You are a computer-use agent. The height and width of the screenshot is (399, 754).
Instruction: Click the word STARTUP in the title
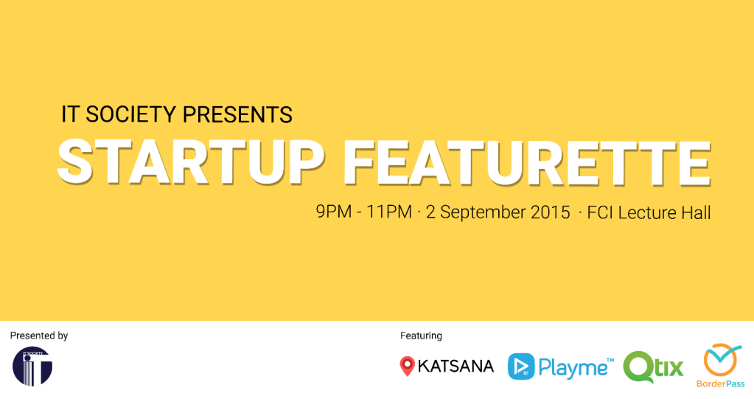click(x=192, y=162)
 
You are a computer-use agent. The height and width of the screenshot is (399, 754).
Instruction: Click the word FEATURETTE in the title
click(x=527, y=163)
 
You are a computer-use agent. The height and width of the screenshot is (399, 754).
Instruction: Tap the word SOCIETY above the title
click(x=130, y=114)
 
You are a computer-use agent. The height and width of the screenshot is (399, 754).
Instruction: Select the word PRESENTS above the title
click(x=237, y=114)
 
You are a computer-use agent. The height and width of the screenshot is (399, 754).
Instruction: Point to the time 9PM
click(x=334, y=212)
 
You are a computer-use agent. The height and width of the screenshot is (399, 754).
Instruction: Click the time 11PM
click(x=389, y=212)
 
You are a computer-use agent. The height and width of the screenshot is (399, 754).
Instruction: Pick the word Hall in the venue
click(x=696, y=212)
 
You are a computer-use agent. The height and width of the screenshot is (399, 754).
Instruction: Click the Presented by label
click(x=39, y=336)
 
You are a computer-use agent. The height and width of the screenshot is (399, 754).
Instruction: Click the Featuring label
click(x=421, y=336)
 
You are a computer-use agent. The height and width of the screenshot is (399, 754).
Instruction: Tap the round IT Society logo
click(x=32, y=367)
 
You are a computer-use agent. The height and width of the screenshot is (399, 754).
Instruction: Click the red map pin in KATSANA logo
click(x=407, y=366)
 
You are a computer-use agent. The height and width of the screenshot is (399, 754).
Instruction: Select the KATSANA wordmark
click(x=455, y=367)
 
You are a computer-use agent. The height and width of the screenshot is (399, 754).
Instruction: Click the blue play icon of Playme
click(x=521, y=367)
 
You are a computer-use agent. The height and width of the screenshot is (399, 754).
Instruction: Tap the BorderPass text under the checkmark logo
click(x=720, y=384)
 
